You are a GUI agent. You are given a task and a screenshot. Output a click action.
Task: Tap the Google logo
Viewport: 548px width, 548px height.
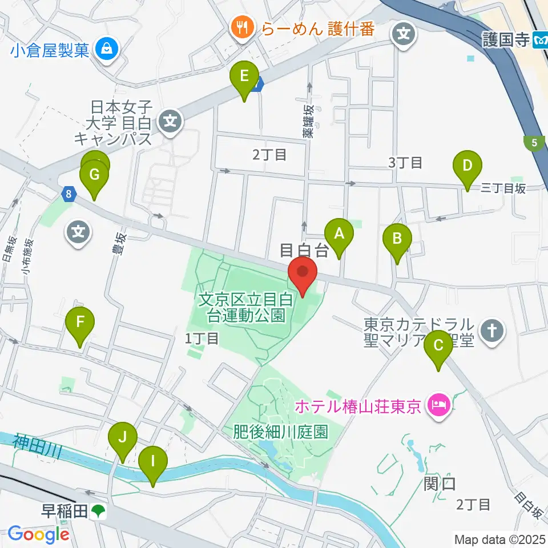[x=38, y=534]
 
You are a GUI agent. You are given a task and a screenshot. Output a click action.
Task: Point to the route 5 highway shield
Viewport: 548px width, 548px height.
[x=534, y=143]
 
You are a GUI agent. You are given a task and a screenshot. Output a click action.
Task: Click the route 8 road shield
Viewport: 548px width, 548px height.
[x=68, y=194]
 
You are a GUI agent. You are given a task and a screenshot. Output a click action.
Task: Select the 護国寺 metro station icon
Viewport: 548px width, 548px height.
[x=540, y=40]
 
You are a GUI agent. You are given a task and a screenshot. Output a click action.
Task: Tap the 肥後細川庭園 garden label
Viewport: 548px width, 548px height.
[x=281, y=432]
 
